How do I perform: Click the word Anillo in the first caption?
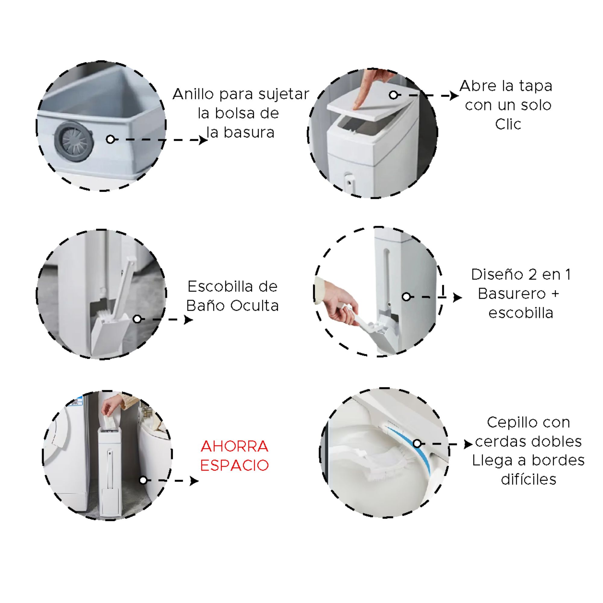pos(194,94)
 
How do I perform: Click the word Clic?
pos(508,124)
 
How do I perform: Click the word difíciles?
pos(529,479)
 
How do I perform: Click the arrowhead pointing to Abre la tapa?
pos(454,96)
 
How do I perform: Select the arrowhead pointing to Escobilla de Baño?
pos(188,320)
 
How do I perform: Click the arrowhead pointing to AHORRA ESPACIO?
pos(194,481)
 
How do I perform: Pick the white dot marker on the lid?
pos(393,95)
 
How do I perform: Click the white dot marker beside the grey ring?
pos(110,140)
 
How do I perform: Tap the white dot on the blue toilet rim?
pos(417,444)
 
